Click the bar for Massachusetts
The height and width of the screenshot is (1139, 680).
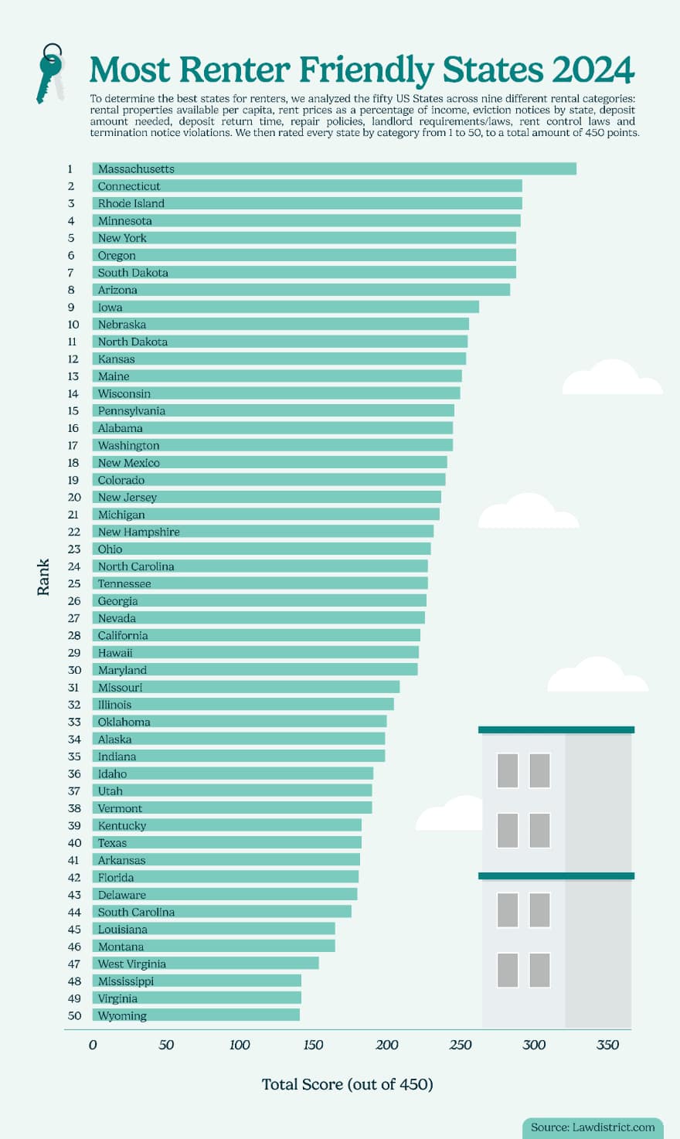334,168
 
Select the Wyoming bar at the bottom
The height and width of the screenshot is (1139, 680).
196,1015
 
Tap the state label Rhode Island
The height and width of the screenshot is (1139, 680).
131,203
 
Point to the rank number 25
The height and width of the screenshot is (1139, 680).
73,583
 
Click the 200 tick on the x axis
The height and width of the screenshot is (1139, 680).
387,1045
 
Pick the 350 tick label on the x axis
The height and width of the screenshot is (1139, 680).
607,1045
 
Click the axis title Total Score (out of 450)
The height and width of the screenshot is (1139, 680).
347,1084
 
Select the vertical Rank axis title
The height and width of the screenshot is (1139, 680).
43,576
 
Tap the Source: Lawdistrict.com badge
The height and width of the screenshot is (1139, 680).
592,1127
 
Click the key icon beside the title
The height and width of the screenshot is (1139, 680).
50,73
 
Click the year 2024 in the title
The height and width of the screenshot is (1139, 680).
593,70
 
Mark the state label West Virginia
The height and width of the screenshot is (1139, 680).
131,964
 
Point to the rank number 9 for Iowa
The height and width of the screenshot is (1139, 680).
71,307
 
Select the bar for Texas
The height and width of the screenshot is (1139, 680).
226,842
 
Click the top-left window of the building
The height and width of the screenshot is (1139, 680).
508,770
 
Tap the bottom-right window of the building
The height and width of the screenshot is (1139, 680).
539,970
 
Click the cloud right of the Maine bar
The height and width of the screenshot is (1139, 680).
611,378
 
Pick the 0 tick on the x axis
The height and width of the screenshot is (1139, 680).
93,1045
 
